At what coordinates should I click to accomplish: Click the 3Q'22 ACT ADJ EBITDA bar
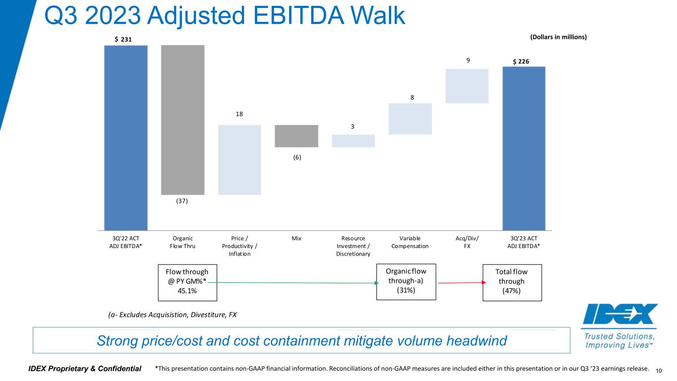[125, 137]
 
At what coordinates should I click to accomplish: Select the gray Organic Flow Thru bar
[183, 120]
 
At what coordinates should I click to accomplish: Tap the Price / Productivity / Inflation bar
[240, 160]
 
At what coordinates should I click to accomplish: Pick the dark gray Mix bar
[296, 136]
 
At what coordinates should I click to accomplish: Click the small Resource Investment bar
[353, 141]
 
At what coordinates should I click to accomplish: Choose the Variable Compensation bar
[410, 119]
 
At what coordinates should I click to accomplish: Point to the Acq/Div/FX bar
[467, 86]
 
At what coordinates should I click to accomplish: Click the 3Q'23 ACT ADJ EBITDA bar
[524, 148]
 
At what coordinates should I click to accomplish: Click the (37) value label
[183, 201]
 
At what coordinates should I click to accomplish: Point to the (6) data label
[296, 157]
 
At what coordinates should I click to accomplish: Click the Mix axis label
[296, 239]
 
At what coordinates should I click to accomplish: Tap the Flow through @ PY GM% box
[187, 282]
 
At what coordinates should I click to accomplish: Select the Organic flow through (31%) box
[406, 281]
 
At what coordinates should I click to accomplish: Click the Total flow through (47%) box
[512, 282]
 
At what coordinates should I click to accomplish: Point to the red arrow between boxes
[459, 283]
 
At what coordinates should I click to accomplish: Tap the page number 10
[659, 371]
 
